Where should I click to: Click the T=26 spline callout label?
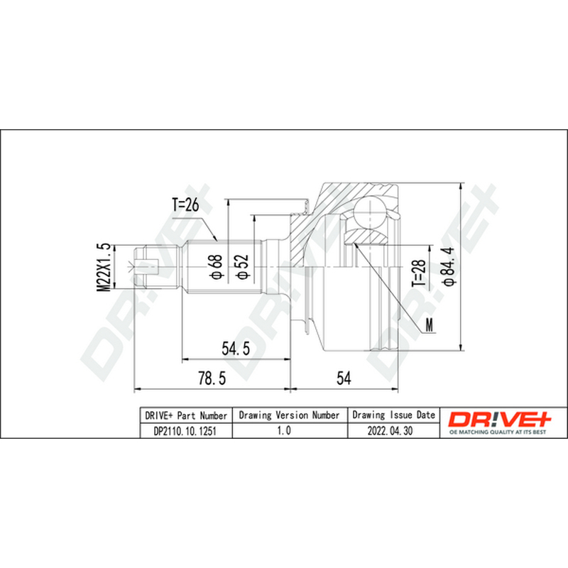click(x=185, y=205)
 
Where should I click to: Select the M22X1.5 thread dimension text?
click(x=104, y=268)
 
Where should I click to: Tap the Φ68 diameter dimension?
click(x=217, y=267)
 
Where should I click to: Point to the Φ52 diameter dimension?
click(x=243, y=267)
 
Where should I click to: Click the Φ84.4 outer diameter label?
click(x=449, y=267)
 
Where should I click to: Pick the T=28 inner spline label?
click(x=418, y=273)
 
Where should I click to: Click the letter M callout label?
click(x=430, y=325)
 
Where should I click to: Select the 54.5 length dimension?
click(x=236, y=349)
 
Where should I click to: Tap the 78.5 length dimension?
click(x=212, y=378)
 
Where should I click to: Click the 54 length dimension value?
click(x=344, y=378)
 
